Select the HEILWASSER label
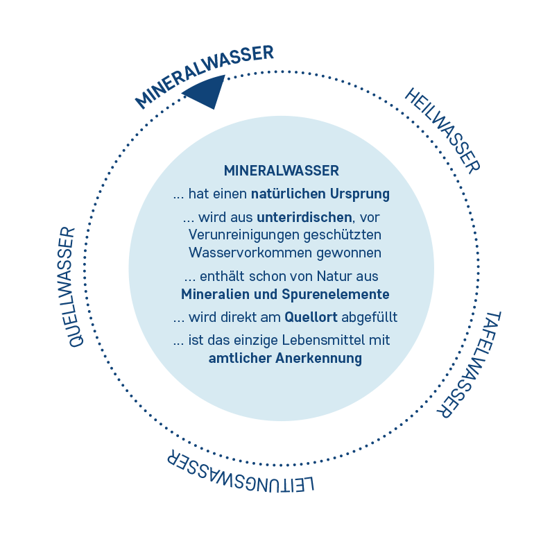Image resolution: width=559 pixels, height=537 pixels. coord(442,129)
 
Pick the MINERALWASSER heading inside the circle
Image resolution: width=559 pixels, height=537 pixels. coord(281,170)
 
